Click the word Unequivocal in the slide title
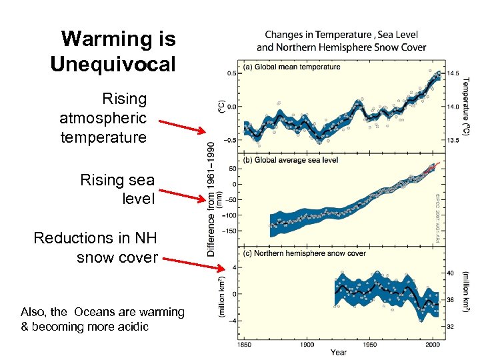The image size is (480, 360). click(113, 64)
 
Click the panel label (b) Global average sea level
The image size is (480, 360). click(292, 160)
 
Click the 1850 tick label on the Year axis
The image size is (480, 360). click(244, 344)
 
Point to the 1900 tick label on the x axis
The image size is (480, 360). click(307, 344)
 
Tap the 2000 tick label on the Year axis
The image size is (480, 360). click(431, 344)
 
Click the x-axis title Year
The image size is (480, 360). click(339, 352)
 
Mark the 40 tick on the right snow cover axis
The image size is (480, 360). click(450, 273)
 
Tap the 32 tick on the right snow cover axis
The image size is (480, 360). click(450, 327)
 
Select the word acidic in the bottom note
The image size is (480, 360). click(132, 327)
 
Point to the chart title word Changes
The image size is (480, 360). click(289, 34)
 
